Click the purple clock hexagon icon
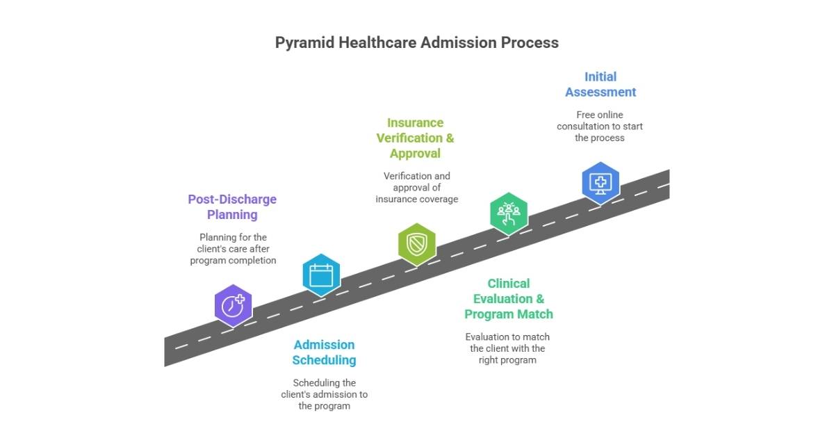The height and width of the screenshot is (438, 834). tap(233, 305)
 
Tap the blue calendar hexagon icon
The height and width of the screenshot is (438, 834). tap(321, 275)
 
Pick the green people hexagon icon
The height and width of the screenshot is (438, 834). tap(509, 213)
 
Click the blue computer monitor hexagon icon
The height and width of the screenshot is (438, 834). tap(600, 183)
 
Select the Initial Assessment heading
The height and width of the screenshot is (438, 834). tap(600, 84)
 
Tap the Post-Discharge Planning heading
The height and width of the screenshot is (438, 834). tap(232, 206)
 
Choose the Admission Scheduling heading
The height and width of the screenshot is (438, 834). tap(324, 352)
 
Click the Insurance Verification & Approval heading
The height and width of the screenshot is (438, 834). tap(415, 138)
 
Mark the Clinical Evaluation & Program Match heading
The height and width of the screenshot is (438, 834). tap(509, 298)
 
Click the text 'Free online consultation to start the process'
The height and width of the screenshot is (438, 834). tap(600, 126)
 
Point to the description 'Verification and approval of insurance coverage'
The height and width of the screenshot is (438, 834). tap(416, 187)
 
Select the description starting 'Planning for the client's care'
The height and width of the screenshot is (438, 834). tap(233, 248)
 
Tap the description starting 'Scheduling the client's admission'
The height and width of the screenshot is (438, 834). tap(324, 394)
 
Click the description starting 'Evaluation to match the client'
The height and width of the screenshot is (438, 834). tap(507, 348)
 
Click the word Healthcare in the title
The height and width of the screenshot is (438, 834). tap(378, 42)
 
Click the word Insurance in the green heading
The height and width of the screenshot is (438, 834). tap(415, 122)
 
